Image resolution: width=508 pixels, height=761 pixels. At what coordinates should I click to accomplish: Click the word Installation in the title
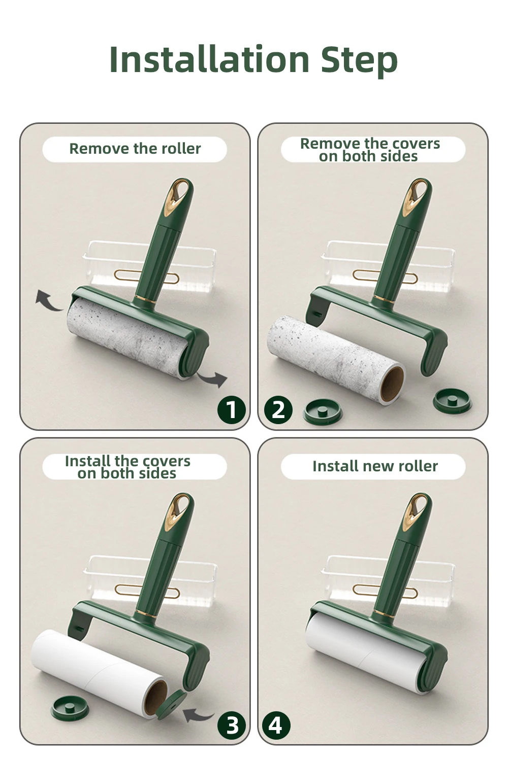tap(209, 59)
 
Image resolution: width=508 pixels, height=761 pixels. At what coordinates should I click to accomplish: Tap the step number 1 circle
tap(231, 410)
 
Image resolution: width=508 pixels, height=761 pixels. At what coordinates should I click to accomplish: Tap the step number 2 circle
tap(278, 410)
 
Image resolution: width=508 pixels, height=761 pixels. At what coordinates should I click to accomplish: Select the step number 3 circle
tap(232, 725)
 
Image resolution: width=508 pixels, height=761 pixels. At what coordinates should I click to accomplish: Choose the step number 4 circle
tap(276, 725)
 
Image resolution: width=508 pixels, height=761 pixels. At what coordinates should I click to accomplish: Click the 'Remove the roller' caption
tap(135, 149)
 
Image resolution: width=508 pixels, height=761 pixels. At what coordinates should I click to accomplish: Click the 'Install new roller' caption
tap(375, 466)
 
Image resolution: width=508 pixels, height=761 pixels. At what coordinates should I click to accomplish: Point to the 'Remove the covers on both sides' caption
tap(369, 150)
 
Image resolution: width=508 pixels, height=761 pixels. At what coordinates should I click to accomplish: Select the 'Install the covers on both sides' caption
tap(128, 467)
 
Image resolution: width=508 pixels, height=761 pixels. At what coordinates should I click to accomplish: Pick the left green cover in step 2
tap(323, 411)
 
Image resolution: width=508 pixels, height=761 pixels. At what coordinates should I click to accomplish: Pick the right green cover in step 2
tap(452, 401)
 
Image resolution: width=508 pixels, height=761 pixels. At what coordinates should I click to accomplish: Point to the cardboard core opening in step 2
tap(392, 384)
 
